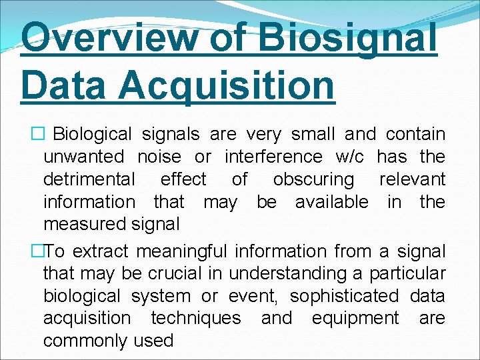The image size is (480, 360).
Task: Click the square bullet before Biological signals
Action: pos(39,135)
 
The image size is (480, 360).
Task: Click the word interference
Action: pos(273,157)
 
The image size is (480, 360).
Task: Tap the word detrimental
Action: pos(89,180)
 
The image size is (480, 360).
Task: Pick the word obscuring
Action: pos(313,180)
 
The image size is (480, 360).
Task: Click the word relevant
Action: pos(412,180)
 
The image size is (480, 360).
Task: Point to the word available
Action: pos(331,202)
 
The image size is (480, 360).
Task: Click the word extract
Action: pos(102,252)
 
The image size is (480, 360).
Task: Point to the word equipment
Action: pos(355,319)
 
